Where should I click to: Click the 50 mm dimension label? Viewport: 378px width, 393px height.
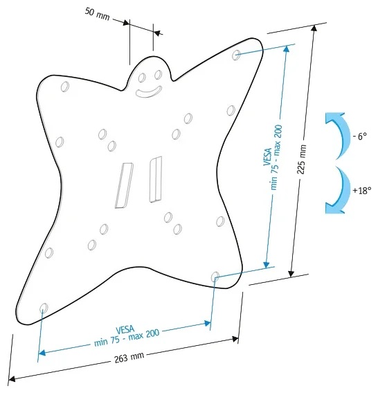pyautogui.click(x=98, y=14)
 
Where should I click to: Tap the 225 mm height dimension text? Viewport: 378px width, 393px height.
pyautogui.click(x=301, y=159)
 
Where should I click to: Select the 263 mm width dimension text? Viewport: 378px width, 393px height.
pyautogui.click(x=129, y=358)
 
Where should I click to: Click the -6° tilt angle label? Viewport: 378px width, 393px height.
pyautogui.click(x=360, y=137)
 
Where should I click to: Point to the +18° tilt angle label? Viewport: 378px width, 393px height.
pyautogui.click(x=361, y=191)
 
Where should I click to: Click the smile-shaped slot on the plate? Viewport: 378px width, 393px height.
pyautogui.click(x=148, y=92)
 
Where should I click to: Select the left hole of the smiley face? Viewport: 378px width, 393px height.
pyautogui.click(x=142, y=78)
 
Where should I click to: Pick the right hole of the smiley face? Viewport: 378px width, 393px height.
pyautogui.click(x=158, y=74)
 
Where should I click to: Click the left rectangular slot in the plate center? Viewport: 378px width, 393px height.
pyautogui.click(x=124, y=186)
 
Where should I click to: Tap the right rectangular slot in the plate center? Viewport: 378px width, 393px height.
pyautogui.click(x=156, y=180)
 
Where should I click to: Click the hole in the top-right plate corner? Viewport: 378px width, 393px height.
pyautogui.click(x=236, y=55)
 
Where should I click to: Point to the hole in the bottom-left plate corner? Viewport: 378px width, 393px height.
pyautogui.click(x=44, y=308)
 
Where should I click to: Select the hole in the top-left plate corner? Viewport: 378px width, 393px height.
pyautogui.click(x=65, y=87)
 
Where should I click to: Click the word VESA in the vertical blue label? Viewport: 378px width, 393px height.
pyautogui.click(x=268, y=157)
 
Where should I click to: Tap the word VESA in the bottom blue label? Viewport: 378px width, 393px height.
pyautogui.click(x=125, y=330)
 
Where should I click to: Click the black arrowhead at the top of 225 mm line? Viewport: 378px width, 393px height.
pyautogui.click(x=314, y=28)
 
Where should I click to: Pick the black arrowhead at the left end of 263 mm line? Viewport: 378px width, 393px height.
pyautogui.click(x=12, y=378)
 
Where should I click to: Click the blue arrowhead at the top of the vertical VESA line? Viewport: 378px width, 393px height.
pyautogui.click(x=287, y=49)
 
